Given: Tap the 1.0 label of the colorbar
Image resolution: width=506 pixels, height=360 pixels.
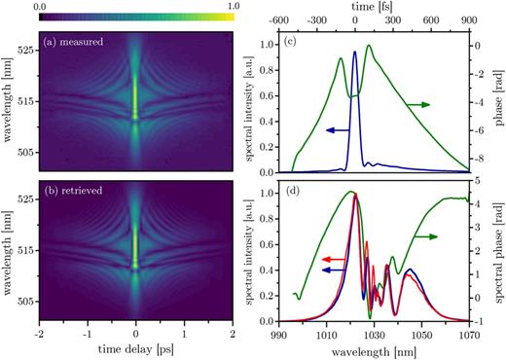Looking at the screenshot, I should pyautogui.click(x=233, y=6).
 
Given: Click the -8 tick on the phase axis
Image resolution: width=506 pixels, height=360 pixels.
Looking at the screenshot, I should pyautogui.click(x=490, y=158).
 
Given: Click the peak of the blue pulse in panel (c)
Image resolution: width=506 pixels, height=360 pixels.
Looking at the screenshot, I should pyautogui.click(x=355, y=54).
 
